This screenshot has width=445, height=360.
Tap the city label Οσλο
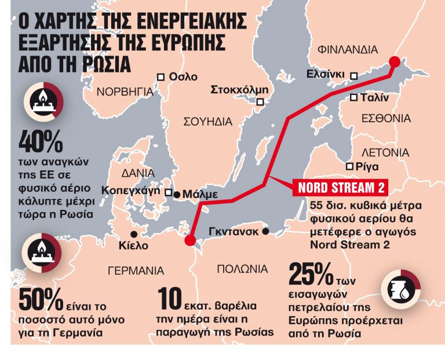184,77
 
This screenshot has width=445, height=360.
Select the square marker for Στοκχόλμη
261,102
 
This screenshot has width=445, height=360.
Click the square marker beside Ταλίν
353,98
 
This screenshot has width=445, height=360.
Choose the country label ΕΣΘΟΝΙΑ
386,118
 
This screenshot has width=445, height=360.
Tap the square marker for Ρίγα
349,166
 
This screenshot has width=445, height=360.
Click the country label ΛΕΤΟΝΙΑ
385,153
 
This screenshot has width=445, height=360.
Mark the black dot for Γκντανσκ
265,231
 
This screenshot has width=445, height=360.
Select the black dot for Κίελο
134,234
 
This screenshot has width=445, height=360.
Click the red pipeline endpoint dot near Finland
395,62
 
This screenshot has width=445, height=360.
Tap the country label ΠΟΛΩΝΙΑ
242,269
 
